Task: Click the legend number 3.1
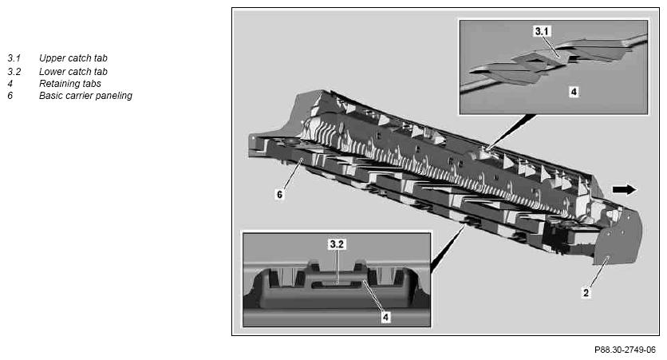pyautogui.click(x=14, y=58)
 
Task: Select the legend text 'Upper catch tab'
pyautogui.click(x=73, y=58)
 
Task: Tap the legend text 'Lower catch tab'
pyautogui.click(x=73, y=72)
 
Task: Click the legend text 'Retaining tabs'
pyautogui.click(x=70, y=84)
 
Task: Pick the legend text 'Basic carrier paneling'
pyautogui.click(x=85, y=96)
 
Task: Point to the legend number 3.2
pyautogui.click(x=14, y=72)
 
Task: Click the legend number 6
pyautogui.click(x=10, y=96)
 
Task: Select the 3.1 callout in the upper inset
pyautogui.click(x=542, y=31)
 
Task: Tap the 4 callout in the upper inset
pyautogui.click(x=574, y=92)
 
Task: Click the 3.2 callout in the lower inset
pyautogui.click(x=337, y=244)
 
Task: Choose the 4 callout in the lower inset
pyautogui.click(x=386, y=317)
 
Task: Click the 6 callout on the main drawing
pyautogui.click(x=279, y=195)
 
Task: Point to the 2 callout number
pyautogui.click(x=586, y=293)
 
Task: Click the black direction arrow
pyautogui.click(x=625, y=190)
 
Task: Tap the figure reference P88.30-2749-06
pyautogui.click(x=625, y=350)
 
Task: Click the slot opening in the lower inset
pyautogui.click(x=337, y=285)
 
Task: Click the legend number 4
pyautogui.click(x=10, y=84)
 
